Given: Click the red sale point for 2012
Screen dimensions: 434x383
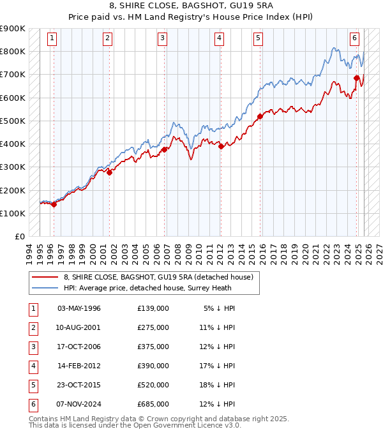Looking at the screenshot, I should [x=221, y=146].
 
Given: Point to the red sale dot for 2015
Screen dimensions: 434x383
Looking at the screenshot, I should [x=260, y=116].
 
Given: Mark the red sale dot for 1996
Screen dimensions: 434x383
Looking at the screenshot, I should [x=54, y=205].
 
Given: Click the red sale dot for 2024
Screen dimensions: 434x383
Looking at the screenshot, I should [x=357, y=78].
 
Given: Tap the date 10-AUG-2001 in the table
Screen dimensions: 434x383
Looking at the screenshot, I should [x=79, y=327].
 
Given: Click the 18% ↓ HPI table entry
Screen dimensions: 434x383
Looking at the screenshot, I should [x=219, y=385].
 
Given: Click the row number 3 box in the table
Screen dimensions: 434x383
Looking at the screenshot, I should [x=32, y=347].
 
